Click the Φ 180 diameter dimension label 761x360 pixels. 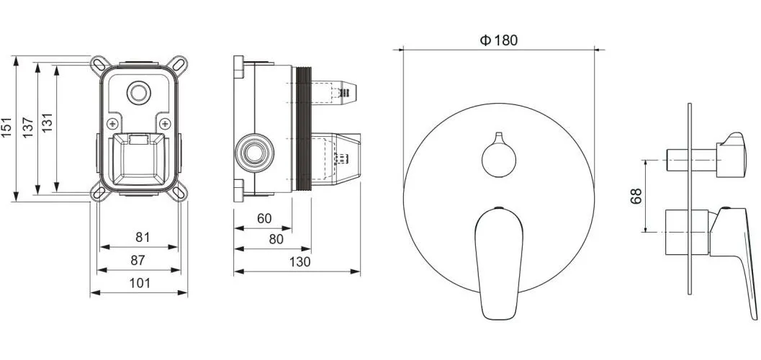tap(499, 40)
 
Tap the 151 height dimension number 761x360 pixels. tap(6, 127)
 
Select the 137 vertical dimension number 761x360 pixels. tap(27, 127)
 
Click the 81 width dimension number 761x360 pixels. tap(143, 238)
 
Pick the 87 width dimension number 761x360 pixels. tap(138, 260)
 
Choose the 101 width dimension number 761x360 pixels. tap(140, 283)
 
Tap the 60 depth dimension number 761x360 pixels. tap(264, 219)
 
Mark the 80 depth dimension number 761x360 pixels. tap(276, 240)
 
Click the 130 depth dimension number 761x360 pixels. tap(300, 262)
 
